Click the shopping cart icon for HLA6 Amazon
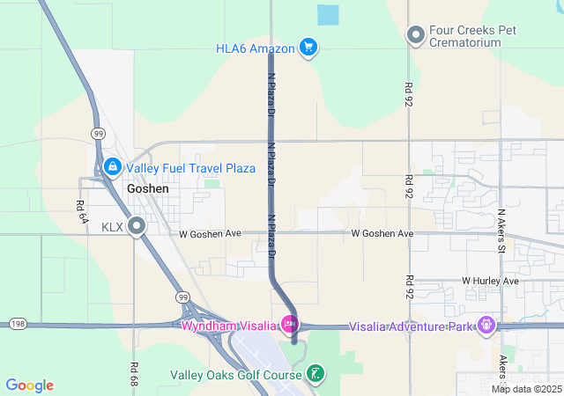tap(308, 48)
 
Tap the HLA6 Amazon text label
tap(255, 48)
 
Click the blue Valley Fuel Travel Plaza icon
tap(112, 167)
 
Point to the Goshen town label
tap(147, 188)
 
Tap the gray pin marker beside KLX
tap(137, 227)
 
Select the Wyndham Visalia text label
tap(228, 326)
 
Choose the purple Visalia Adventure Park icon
tap(485, 326)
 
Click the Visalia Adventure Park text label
tap(411, 326)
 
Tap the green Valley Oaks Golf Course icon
tap(314, 374)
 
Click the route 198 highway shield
tap(18, 325)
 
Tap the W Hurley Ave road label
tap(490, 281)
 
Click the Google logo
tap(30, 385)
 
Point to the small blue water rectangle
tap(328, 15)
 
